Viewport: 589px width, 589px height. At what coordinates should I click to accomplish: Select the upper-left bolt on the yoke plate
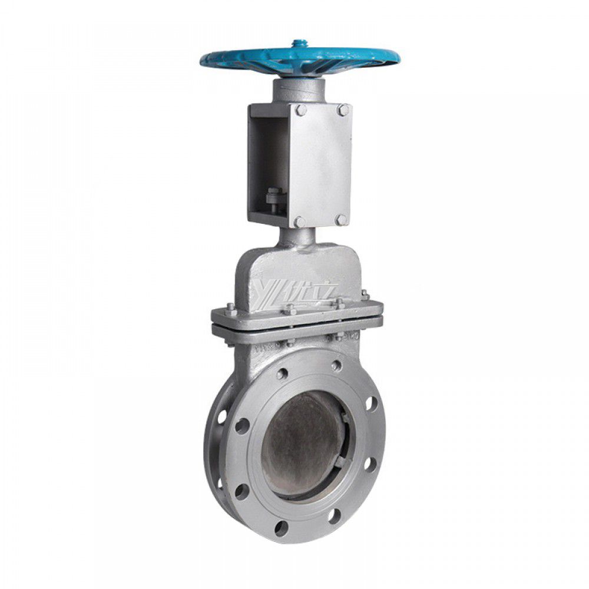pos(301,110)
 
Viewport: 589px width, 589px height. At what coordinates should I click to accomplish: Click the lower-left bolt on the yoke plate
pos(299,221)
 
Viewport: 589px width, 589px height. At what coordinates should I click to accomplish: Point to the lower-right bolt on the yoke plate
pos(341,219)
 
